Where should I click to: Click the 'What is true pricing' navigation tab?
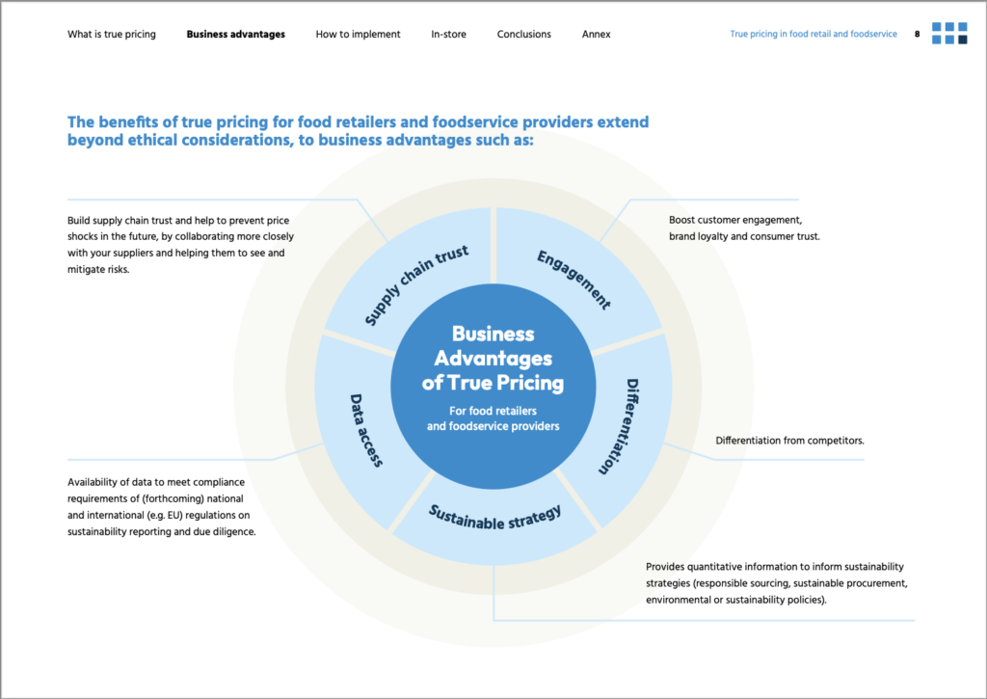click(x=111, y=35)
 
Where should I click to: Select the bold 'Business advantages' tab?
click(x=235, y=35)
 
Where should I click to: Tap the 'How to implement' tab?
click(x=358, y=35)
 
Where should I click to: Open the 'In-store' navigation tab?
click(x=448, y=35)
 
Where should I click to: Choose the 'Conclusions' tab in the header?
click(x=523, y=35)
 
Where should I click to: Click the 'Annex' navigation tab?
click(x=596, y=35)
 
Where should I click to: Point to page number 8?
click(x=917, y=35)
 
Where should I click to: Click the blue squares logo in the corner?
click(x=948, y=33)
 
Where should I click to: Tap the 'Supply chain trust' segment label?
click(x=416, y=285)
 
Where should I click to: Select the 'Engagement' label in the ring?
click(x=574, y=280)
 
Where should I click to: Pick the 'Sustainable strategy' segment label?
click(x=494, y=517)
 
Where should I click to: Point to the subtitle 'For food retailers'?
click(x=492, y=411)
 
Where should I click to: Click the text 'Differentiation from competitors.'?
click(x=789, y=441)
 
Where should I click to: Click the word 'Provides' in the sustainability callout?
click(x=667, y=567)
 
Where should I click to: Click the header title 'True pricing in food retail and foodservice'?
click(x=813, y=35)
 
